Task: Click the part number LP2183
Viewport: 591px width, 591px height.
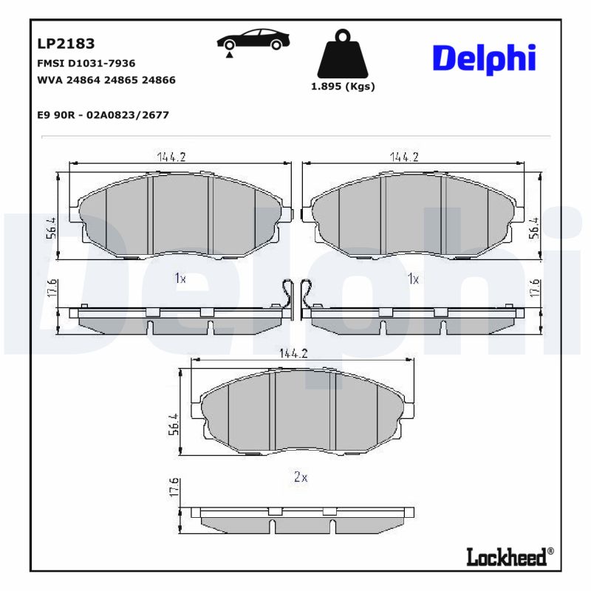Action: (66, 44)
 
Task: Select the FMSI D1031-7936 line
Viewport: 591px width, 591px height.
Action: (86, 64)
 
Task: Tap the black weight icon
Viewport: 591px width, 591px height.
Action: (341, 54)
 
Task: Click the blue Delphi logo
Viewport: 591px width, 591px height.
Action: (483, 58)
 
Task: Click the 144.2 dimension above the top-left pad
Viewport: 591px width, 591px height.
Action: (171, 157)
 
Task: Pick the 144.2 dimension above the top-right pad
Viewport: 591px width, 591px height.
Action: (405, 157)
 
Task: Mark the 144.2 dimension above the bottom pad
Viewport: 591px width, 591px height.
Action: (293, 354)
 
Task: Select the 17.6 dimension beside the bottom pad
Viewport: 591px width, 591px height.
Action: (174, 489)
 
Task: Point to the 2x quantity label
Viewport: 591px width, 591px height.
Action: (300, 477)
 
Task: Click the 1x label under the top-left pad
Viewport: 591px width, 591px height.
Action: (180, 279)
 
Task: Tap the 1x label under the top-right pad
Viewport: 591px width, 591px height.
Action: (413, 279)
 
